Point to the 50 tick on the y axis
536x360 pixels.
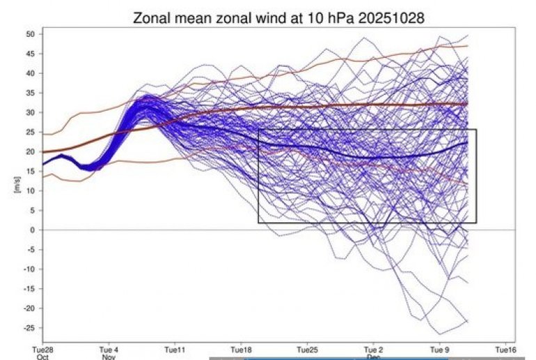[x=31, y=34]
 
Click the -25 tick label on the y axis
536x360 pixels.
[x=30, y=328]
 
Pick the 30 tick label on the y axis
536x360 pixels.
[x=31, y=112]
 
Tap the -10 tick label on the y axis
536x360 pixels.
[x=30, y=269]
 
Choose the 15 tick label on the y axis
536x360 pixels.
[x=31, y=171]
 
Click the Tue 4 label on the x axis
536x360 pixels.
[x=108, y=350]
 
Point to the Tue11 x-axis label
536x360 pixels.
[x=174, y=350]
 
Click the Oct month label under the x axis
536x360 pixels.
[x=42, y=357]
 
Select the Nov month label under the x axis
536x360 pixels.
[x=108, y=357]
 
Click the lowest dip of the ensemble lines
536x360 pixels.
[x=433, y=334]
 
